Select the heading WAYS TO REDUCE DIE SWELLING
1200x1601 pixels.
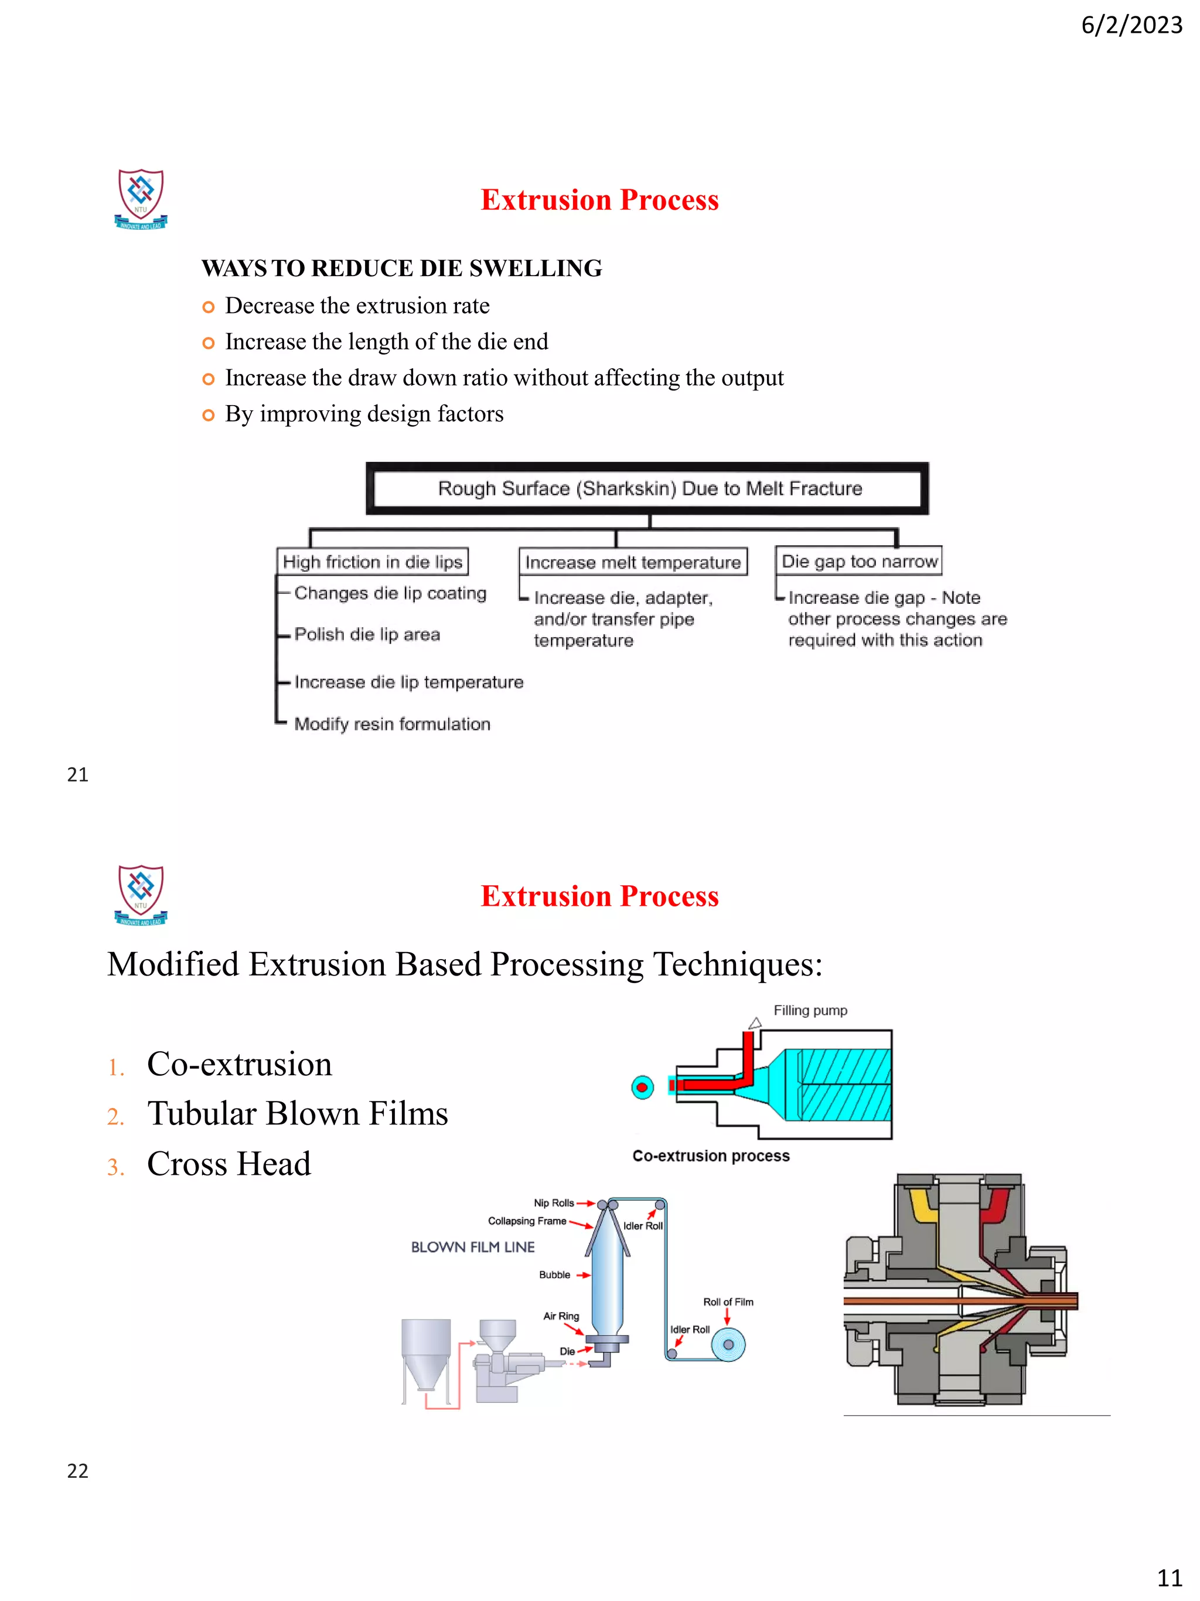click(x=401, y=268)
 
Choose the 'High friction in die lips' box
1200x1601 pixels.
click(x=372, y=562)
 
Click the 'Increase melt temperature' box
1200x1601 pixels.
click(x=632, y=562)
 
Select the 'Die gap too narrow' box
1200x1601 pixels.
click(x=858, y=561)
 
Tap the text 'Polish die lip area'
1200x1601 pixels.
click(x=367, y=635)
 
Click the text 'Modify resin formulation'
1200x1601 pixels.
click(x=392, y=724)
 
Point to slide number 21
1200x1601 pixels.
click(x=77, y=775)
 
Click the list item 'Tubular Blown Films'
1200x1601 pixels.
click(x=297, y=1114)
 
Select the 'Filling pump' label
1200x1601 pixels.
click(x=810, y=1011)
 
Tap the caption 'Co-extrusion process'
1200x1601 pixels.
click(x=710, y=1156)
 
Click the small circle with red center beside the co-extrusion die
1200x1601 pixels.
click(x=642, y=1087)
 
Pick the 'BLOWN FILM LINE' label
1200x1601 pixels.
click(x=472, y=1247)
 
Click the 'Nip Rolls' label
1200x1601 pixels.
click(x=553, y=1203)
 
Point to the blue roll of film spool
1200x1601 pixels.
click(x=728, y=1345)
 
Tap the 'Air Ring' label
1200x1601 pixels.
click(x=561, y=1316)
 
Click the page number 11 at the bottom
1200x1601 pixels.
click(x=1169, y=1578)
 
